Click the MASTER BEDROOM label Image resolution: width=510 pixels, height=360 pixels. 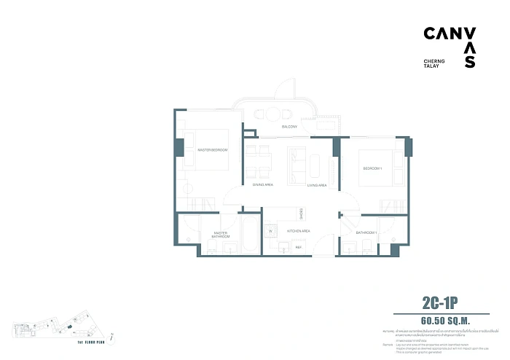coord(213,150)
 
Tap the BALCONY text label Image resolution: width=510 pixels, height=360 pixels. coord(290,127)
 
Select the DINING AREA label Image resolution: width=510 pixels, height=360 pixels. coord(263,186)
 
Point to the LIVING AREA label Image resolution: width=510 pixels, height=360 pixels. coord(316,186)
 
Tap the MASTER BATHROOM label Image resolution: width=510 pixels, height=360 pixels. coord(221,235)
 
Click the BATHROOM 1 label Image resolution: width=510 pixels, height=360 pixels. coord(366,232)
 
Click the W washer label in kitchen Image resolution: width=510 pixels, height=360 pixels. coord(270,232)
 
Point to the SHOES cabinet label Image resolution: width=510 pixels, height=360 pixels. coord(302,214)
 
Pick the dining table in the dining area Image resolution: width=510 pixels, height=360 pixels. coord(259,162)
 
